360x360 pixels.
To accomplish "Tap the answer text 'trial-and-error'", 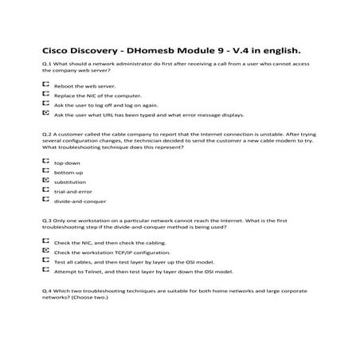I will (72, 192).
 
